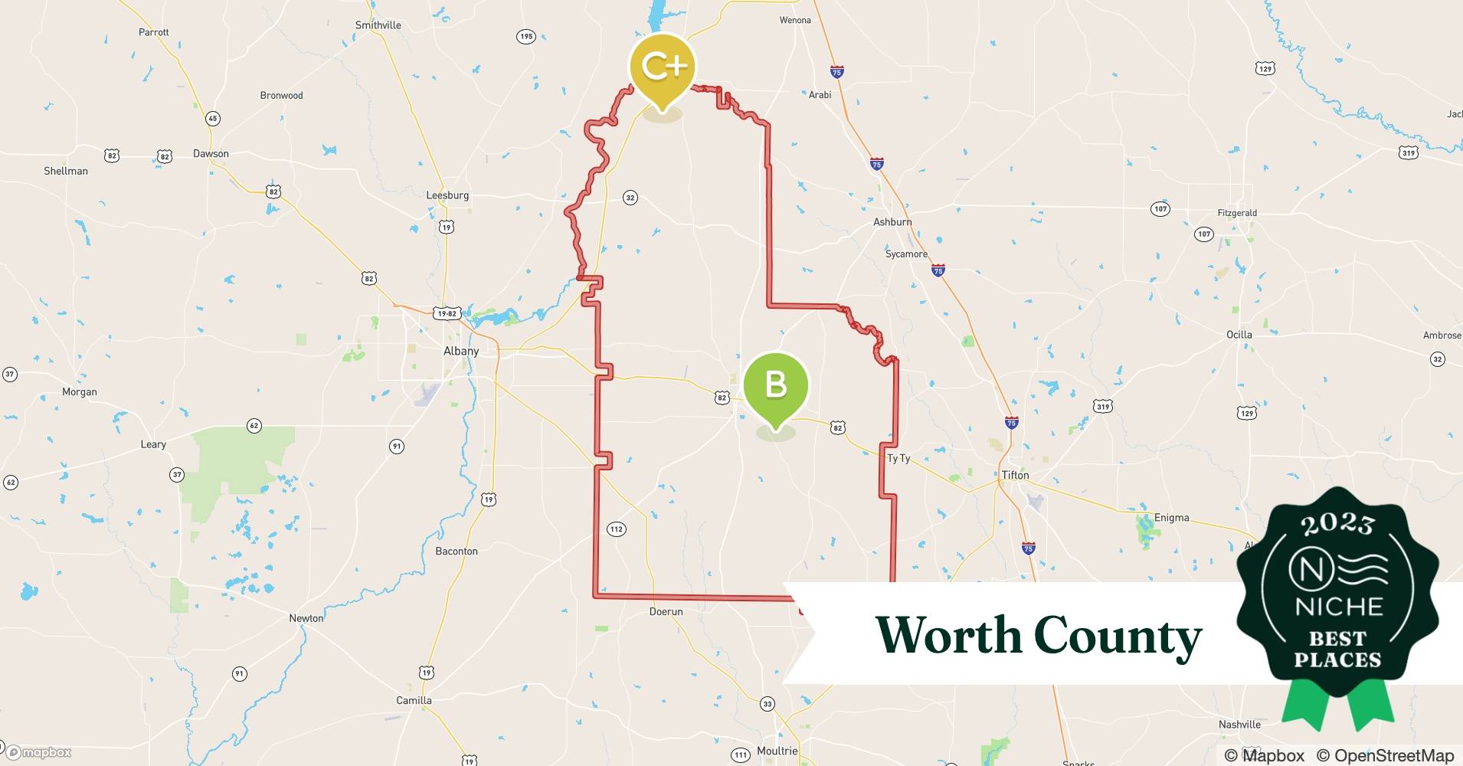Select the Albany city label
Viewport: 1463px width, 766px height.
pos(461,351)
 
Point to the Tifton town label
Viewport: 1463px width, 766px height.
pos(1015,475)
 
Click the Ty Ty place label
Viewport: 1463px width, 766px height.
pos(898,458)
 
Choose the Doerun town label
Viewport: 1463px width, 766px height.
pos(666,611)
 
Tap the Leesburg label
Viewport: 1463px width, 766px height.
pos(447,195)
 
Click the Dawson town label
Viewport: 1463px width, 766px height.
pos(211,153)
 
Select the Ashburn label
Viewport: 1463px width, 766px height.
pos(892,222)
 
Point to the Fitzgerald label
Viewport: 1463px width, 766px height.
pos(1237,213)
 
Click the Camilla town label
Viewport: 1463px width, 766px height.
pos(414,700)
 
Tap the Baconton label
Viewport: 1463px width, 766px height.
pos(457,551)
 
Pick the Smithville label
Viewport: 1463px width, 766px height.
pos(378,25)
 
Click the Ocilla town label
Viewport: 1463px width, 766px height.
pos(1239,335)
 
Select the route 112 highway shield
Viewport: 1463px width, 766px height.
pos(616,529)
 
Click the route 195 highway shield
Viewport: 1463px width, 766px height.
pos(525,37)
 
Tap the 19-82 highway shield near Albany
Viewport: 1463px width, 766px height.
pos(446,313)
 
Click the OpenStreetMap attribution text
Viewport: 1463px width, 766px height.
pos(1385,755)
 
